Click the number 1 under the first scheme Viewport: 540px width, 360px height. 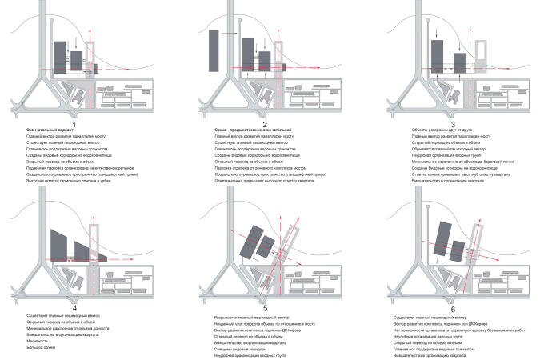coord(74,125)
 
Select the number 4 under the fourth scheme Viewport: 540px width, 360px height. coord(74,307)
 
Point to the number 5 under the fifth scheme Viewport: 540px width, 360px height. coord(265,307)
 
